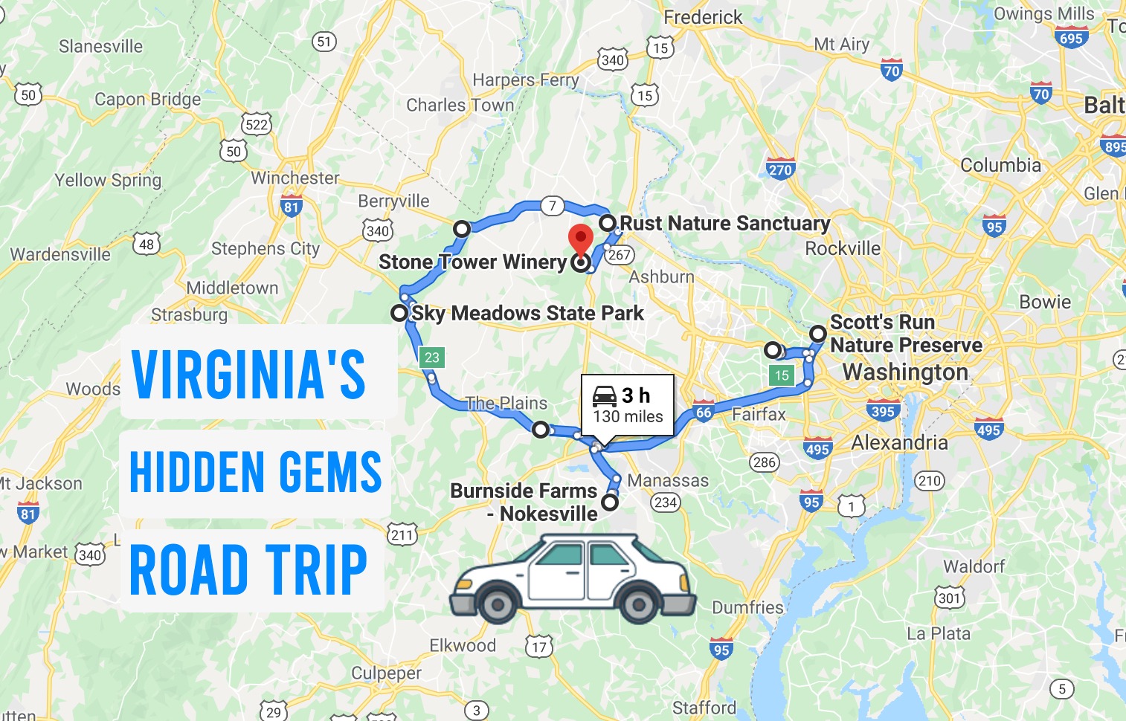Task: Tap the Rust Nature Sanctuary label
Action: click(x=724, y=223)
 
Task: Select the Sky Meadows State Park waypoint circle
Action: click(x=399, y=313)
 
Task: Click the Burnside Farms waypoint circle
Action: click(x=610, y=502)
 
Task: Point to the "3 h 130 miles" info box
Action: click(x=628, y=405)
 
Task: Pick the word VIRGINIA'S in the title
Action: click(x=248, y=374)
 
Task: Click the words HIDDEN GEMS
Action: click(x=255, y=473)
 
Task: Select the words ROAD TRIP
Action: click(x=248, y=571)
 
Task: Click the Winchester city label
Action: click(x=295, y=178)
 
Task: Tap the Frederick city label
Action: click(x=702, y=17)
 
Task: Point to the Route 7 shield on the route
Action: click(x=552, y=206)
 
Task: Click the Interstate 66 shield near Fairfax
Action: click(x=703, y=411)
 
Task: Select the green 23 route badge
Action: click(x=432, y=358)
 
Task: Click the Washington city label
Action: click(x=905, y=372)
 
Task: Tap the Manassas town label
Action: click(x=668, y=481)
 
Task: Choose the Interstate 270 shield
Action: click(x=780, y=169)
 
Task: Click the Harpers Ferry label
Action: click(x=525, y=80)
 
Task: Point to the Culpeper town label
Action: click(x=386, y=673)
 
